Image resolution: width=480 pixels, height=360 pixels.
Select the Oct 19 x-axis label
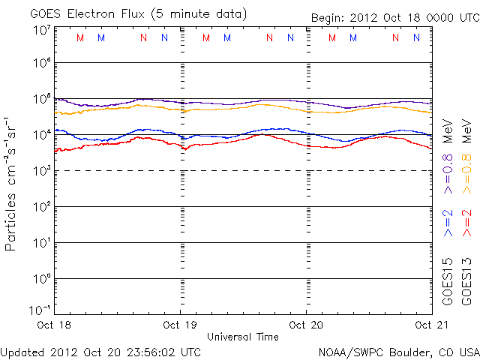[180, 325]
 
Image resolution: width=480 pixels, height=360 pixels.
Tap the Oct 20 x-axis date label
[306, 325]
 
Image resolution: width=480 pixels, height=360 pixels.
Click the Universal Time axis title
[242, 337]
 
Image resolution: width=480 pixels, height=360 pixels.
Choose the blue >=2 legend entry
[448, 223]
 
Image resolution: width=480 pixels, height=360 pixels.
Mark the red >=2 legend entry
[467, 223]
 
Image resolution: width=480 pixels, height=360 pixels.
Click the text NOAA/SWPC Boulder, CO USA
[397, 351]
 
